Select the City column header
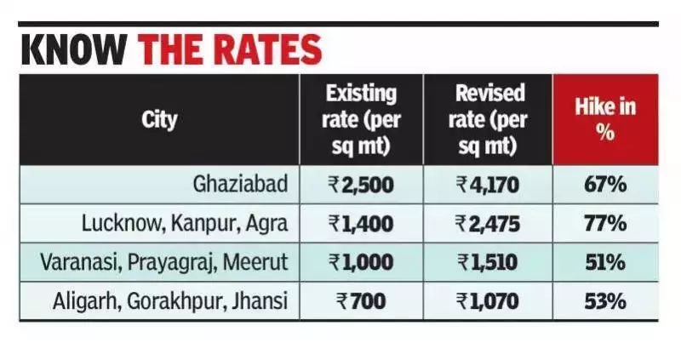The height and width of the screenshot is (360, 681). pyautogui.click(x=159, y=118)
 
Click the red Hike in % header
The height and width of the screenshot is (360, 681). pyautogui.click(x=605, y=119)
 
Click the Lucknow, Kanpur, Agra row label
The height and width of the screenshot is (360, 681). pyautogui.click(x=186, y=224)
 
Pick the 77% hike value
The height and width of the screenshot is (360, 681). pyautogui.click(x=605, y=224)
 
